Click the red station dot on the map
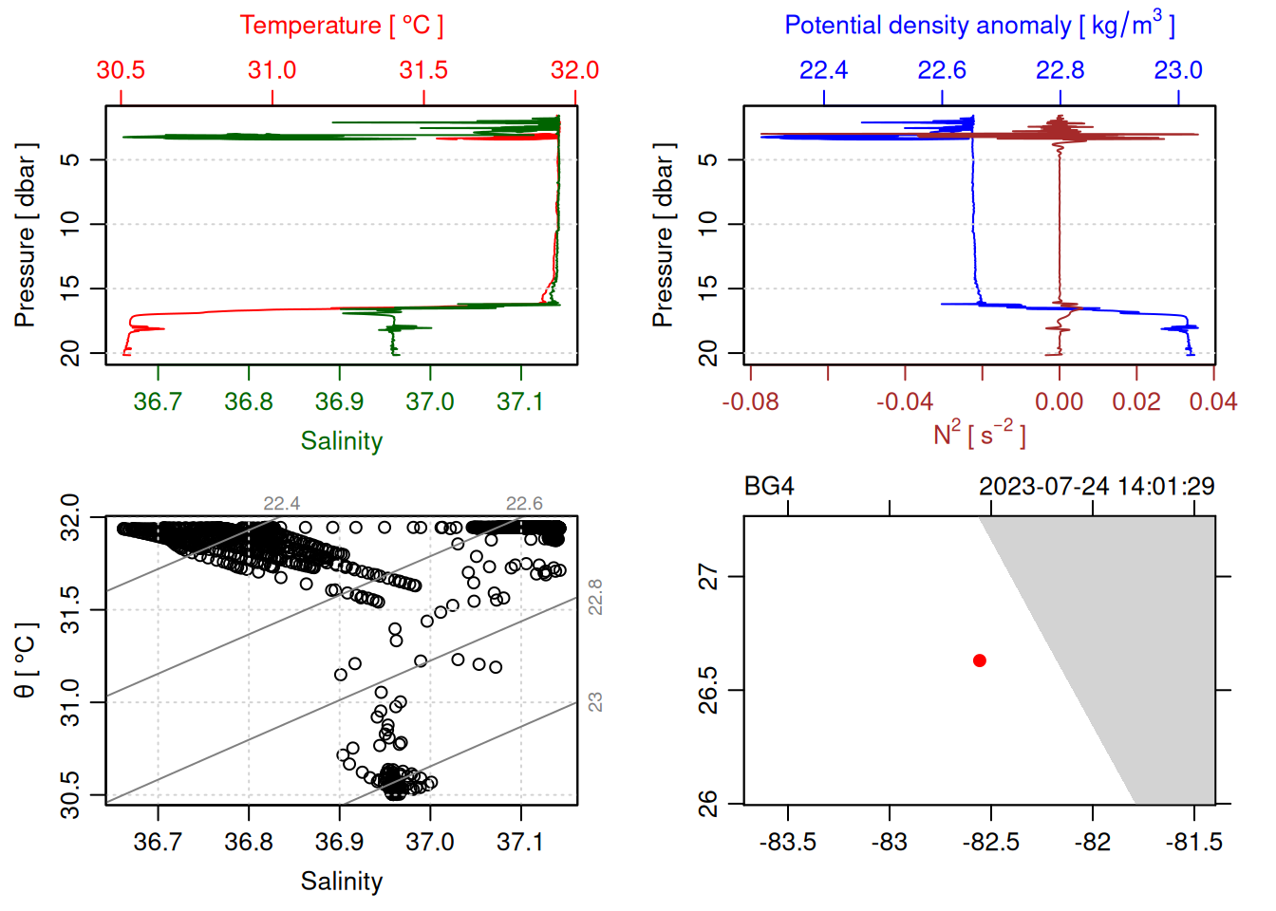[980, 660]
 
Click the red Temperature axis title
[341, 26]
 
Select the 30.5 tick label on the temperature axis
[121, 70]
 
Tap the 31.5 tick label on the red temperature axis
[423, 70]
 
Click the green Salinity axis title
[342, 441]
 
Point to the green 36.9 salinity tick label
[340, 402]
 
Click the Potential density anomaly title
[979, 26]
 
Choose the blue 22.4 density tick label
[823, 70]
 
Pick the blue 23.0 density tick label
[1178, 70]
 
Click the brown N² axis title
[979, 434]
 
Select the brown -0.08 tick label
[750, 402]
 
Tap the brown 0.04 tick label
[1212, 402]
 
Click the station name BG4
[769, 487]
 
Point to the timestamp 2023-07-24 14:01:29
[1097, 487]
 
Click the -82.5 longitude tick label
[991, 843]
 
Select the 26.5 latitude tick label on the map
[708, 690]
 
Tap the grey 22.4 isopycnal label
[282, 504]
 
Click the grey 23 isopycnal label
[595, 702]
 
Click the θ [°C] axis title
[26, 660]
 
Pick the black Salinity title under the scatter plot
[342, 882]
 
